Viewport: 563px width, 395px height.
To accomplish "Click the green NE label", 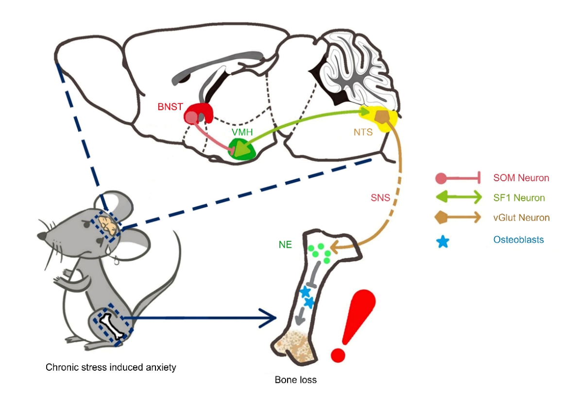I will click(285, 244).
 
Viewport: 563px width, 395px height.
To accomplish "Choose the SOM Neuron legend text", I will click(521, 178).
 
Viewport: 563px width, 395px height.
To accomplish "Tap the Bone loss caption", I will click(295, 379).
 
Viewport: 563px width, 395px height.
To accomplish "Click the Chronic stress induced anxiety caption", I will click(111, 367).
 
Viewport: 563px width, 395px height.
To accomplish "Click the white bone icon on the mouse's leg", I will click(113, 326).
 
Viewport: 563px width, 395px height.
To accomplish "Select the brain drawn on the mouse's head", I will click(108, 225).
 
